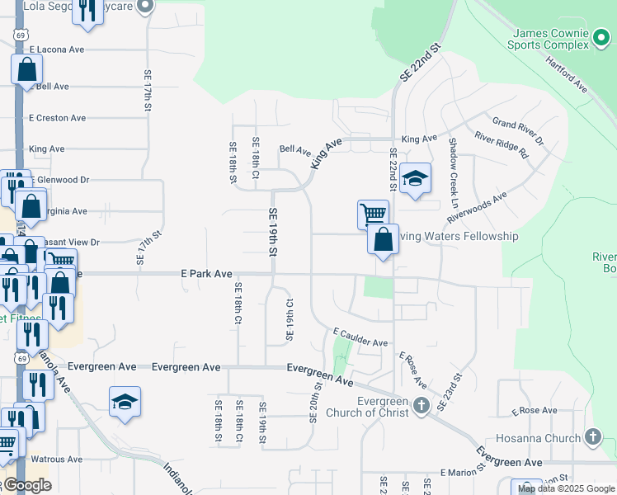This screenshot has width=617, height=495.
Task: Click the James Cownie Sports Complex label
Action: (551, 39)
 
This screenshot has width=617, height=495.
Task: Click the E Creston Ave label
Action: (57, 118)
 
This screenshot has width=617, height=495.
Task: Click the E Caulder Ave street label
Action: (360, 336)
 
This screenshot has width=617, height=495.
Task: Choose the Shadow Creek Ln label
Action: (453, 172)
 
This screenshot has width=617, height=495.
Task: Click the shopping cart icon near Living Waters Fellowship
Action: (373, 214)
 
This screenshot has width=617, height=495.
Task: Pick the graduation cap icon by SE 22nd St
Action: (417, 178)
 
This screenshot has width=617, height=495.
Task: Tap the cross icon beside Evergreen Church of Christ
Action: (422, 404)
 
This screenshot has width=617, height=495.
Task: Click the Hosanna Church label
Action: (539, 438)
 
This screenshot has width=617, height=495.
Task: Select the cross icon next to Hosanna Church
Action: (592, 436)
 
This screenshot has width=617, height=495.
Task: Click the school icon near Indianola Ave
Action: (125, 402)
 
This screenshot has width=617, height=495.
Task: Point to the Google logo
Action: (26, 485)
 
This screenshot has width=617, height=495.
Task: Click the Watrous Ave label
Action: (57, 459)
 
